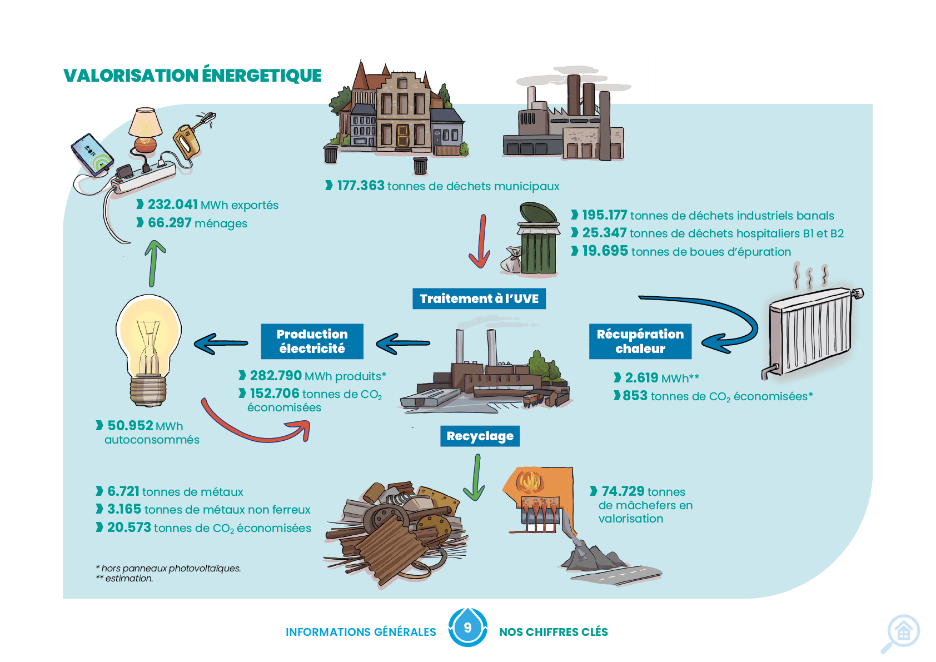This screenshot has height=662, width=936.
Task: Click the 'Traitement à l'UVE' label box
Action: (479, 298)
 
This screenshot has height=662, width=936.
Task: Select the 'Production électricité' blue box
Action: (312, 341)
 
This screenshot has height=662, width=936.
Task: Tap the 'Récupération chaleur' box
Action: (640, 341)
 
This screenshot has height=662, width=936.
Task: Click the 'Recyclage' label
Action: (480, 436)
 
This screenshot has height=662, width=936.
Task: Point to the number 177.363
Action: (361, 186)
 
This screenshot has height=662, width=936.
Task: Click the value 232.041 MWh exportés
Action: (213, 205)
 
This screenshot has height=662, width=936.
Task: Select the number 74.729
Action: (623, 491)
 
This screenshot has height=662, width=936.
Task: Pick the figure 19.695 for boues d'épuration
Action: (605, 251)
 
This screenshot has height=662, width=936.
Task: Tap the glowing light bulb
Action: (148, 350)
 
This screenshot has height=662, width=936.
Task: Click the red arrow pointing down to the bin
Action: (481, 241)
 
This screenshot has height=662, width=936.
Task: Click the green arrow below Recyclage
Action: (476, 477)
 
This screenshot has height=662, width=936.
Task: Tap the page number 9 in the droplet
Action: (467, 628)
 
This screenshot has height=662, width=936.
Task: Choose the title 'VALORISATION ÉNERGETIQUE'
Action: (193, 75)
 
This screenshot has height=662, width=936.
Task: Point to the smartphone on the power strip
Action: (92, 155)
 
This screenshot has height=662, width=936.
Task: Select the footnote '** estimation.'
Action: (125, 579)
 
